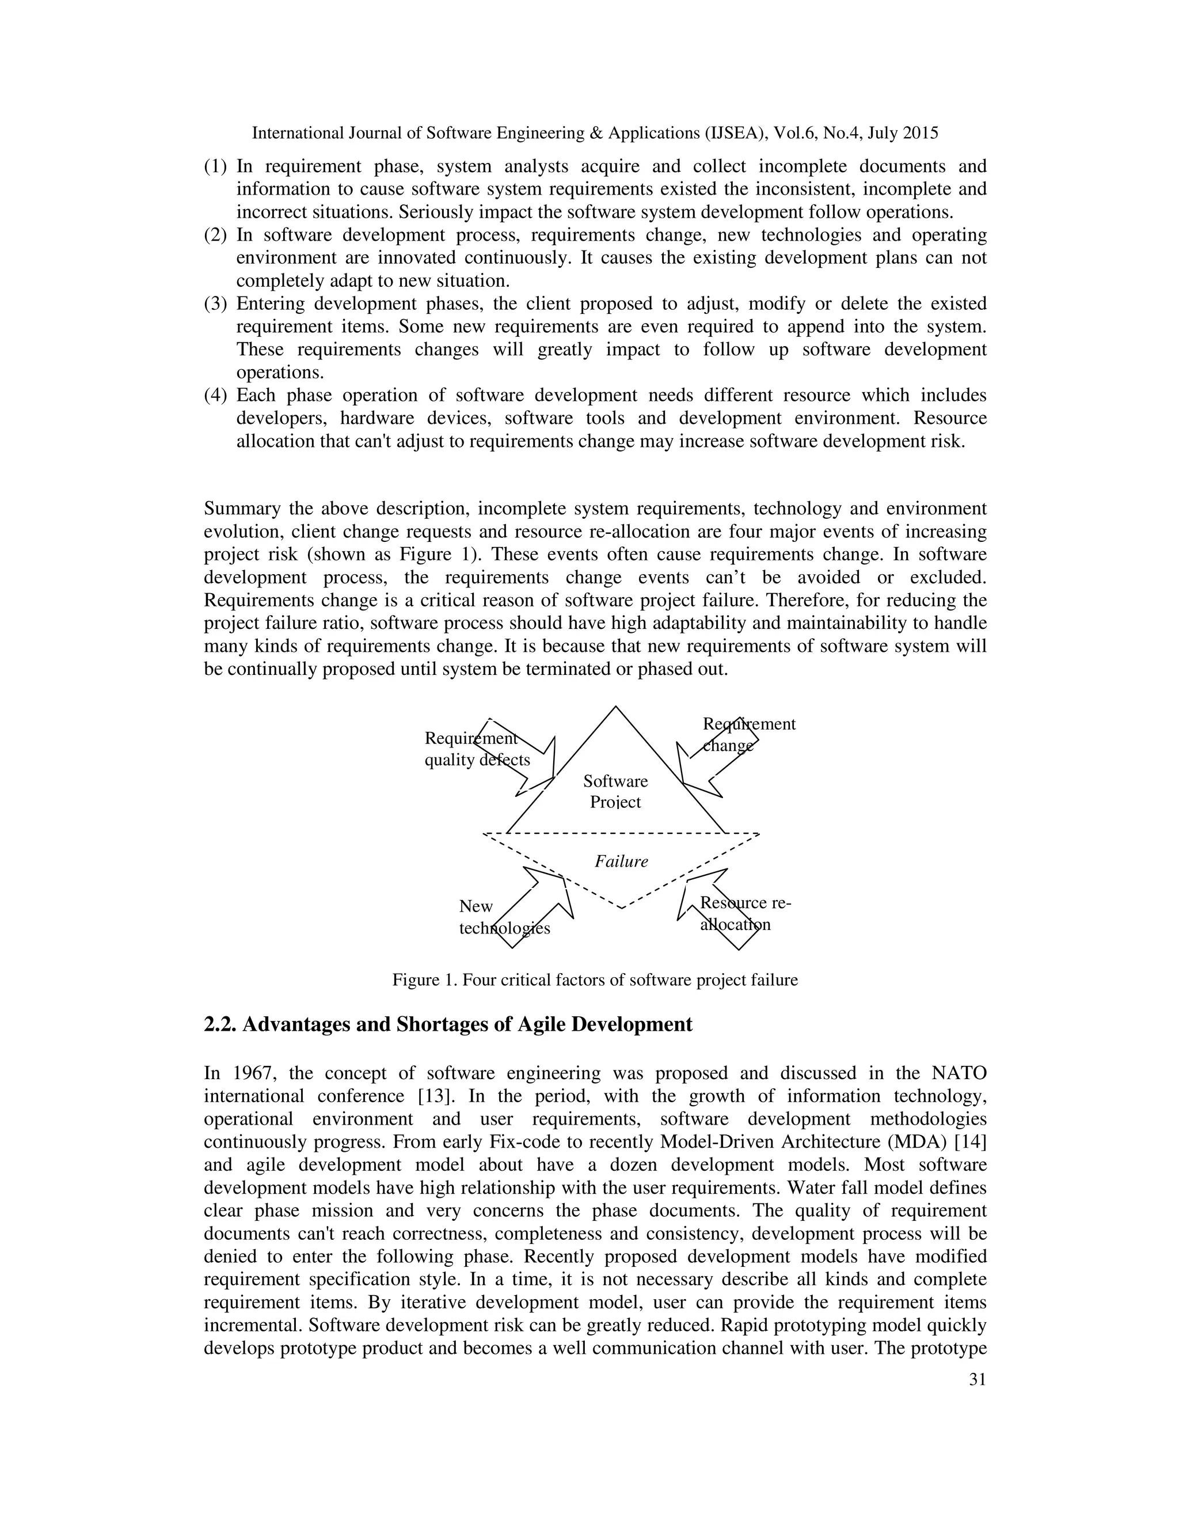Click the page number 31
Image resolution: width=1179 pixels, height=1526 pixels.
pos(977,1379)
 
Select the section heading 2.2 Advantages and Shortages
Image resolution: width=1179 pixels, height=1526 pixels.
pos(448,1024)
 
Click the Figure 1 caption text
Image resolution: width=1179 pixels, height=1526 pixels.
pos(594,980)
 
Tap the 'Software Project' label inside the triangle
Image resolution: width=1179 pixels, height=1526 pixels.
pos(615,791)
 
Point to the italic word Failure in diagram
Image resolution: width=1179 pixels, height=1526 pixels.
pos(621,861)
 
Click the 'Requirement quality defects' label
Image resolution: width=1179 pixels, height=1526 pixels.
pos(477,749)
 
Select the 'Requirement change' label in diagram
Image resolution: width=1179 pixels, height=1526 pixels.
pos(748,734)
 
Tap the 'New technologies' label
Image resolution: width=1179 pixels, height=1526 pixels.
pos(504,917)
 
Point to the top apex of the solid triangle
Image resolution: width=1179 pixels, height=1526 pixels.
pos(615,707)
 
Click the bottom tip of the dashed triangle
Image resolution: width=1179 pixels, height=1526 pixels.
pos(621,908)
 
